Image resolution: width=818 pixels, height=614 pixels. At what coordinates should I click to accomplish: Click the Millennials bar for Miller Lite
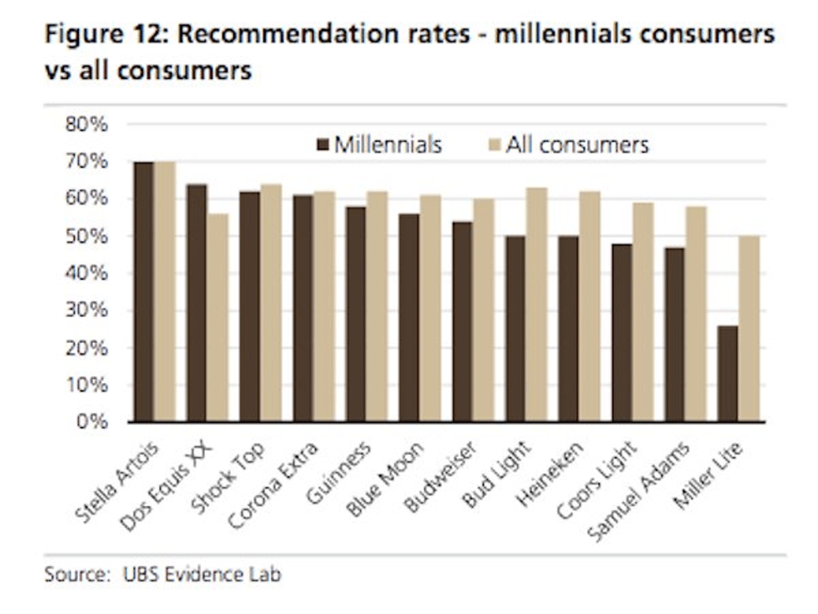point(728,373)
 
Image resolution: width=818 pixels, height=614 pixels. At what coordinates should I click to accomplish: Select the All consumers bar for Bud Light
point(537,305)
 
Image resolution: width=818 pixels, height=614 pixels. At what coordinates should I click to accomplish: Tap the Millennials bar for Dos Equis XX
point(197,303)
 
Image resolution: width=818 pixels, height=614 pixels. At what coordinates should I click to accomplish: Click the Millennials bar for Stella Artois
point(144,292)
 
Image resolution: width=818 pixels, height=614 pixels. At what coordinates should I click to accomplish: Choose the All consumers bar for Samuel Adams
point(696,313)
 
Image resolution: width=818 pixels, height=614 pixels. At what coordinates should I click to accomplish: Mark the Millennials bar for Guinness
point(355,314)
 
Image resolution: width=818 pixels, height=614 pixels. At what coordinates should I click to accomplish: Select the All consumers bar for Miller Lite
point(749,329)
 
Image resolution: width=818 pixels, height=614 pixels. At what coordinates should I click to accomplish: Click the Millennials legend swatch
point(323,146)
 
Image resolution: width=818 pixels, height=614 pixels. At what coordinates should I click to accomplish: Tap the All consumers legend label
point(577,146)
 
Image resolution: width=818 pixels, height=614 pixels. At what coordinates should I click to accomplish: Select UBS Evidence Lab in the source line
point(202,574)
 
